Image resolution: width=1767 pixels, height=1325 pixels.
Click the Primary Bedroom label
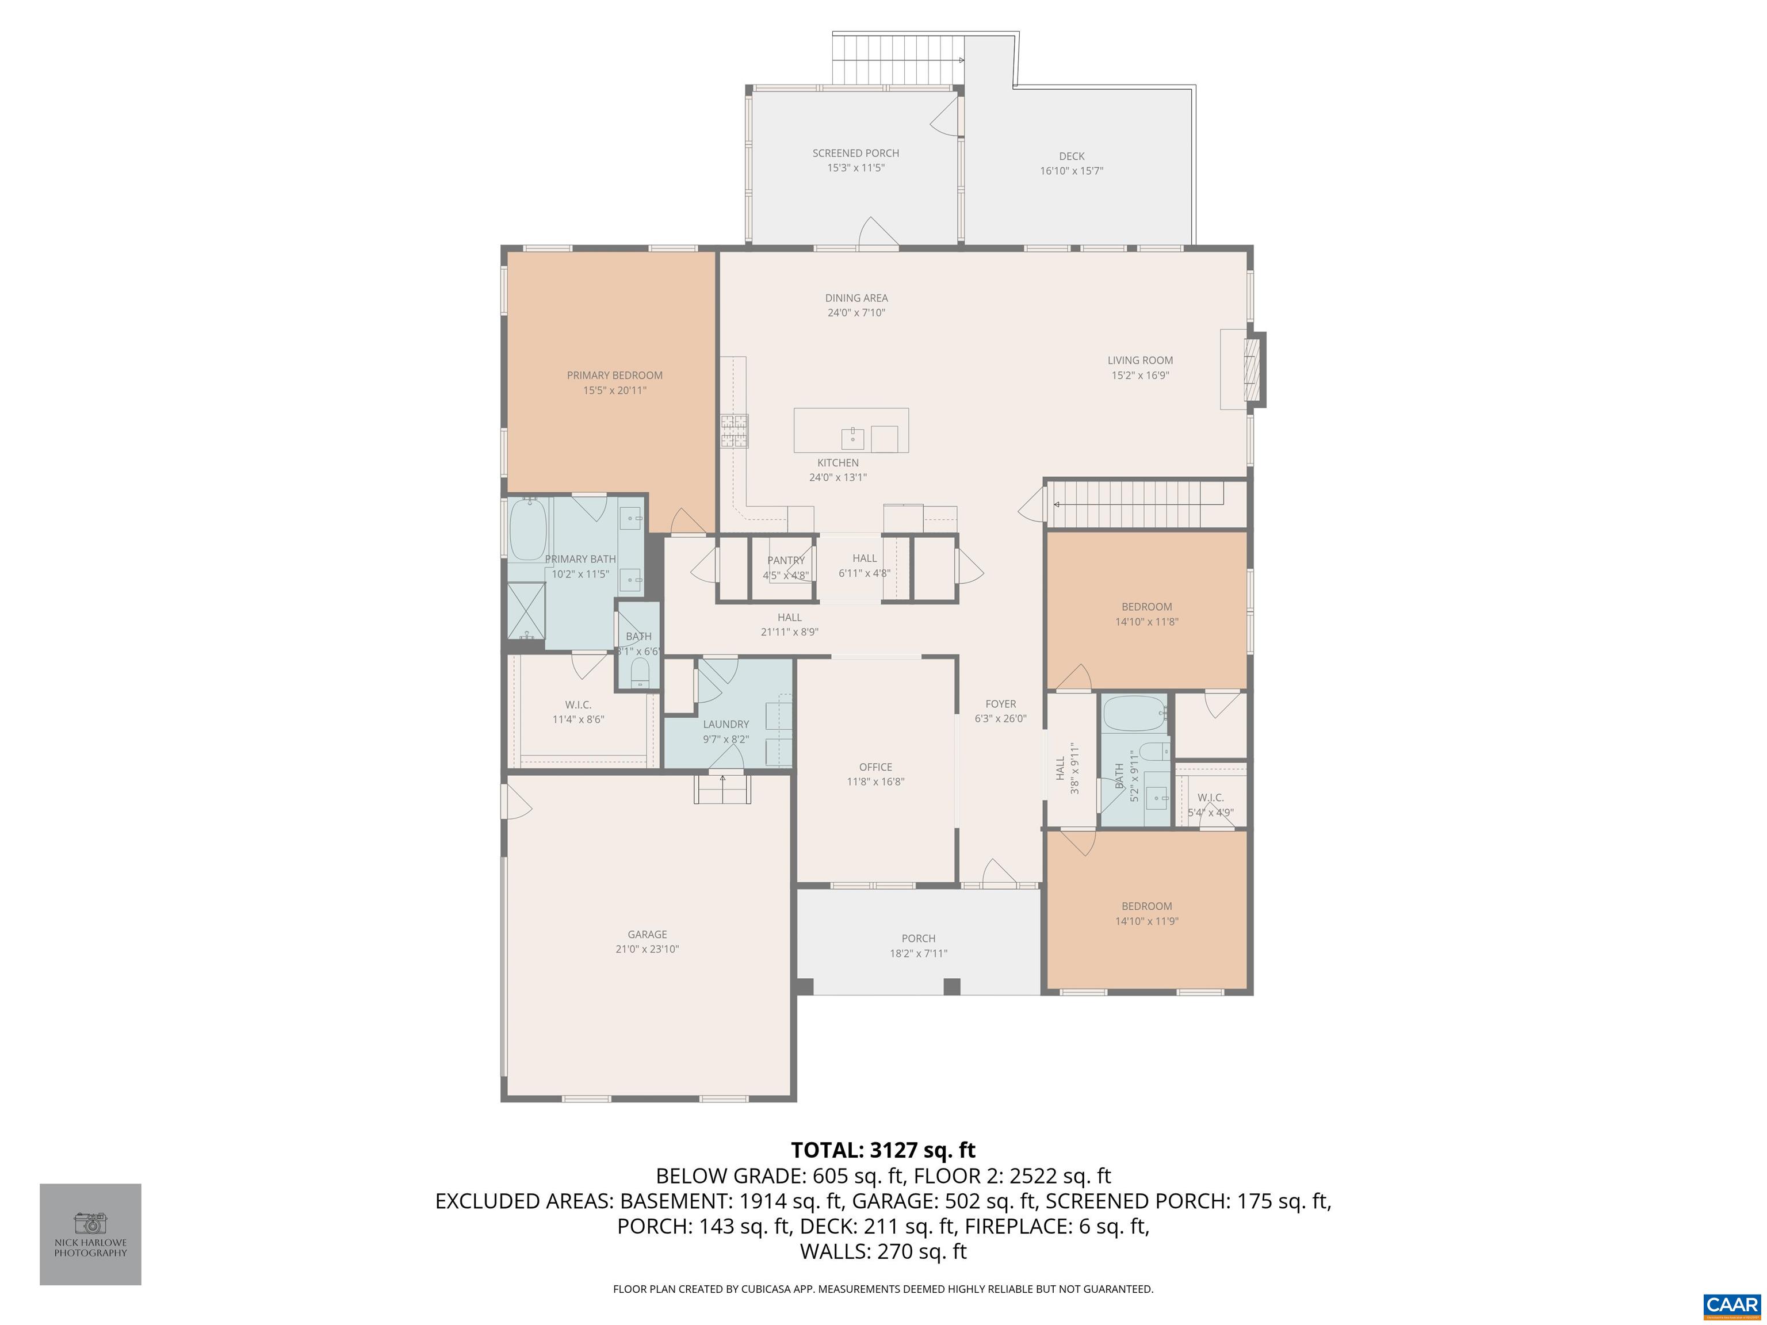614,376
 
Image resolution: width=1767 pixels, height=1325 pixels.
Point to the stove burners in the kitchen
734,431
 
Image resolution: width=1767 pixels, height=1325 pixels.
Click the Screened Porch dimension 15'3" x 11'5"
855,168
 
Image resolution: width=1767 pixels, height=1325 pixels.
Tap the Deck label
1071,156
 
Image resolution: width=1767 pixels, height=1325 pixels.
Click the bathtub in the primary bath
528,530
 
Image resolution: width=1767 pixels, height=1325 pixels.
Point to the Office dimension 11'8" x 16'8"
875,782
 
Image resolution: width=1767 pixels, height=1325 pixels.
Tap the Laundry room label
725,725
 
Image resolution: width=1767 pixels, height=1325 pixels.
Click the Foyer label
1000,704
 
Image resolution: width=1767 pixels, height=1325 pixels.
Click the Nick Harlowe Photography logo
90,1234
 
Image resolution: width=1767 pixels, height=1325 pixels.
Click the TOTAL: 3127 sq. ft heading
883,1150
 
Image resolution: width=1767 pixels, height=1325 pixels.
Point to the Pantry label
785,561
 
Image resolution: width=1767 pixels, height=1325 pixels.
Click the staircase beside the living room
1134,503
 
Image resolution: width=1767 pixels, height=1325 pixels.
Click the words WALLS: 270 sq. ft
883,1251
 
